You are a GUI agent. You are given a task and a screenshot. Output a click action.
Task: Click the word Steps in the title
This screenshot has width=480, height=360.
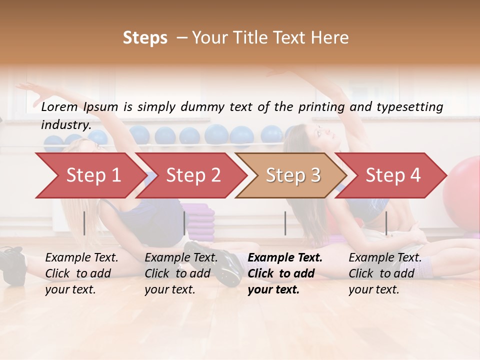[145, 38]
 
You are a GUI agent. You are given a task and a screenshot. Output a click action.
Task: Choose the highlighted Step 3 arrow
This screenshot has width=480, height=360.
[293, 175]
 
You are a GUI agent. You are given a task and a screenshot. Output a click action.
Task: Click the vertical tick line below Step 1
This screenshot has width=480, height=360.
[84, 223]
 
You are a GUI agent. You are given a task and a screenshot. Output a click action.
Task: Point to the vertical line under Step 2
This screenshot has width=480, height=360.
[184, 223]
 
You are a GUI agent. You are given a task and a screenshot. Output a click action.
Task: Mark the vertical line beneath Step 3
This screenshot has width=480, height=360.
[285, 223]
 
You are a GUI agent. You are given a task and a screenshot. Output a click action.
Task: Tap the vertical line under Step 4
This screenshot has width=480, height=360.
[386, 223]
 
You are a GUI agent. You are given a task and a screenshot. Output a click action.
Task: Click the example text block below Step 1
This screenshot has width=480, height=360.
[81, 273]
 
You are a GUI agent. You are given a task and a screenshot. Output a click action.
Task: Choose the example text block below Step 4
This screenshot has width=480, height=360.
[385, 273]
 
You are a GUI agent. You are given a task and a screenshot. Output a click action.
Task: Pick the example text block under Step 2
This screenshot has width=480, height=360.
[181, 273]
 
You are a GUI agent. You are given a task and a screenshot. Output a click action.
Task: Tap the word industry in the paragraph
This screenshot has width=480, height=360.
[65, 125]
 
